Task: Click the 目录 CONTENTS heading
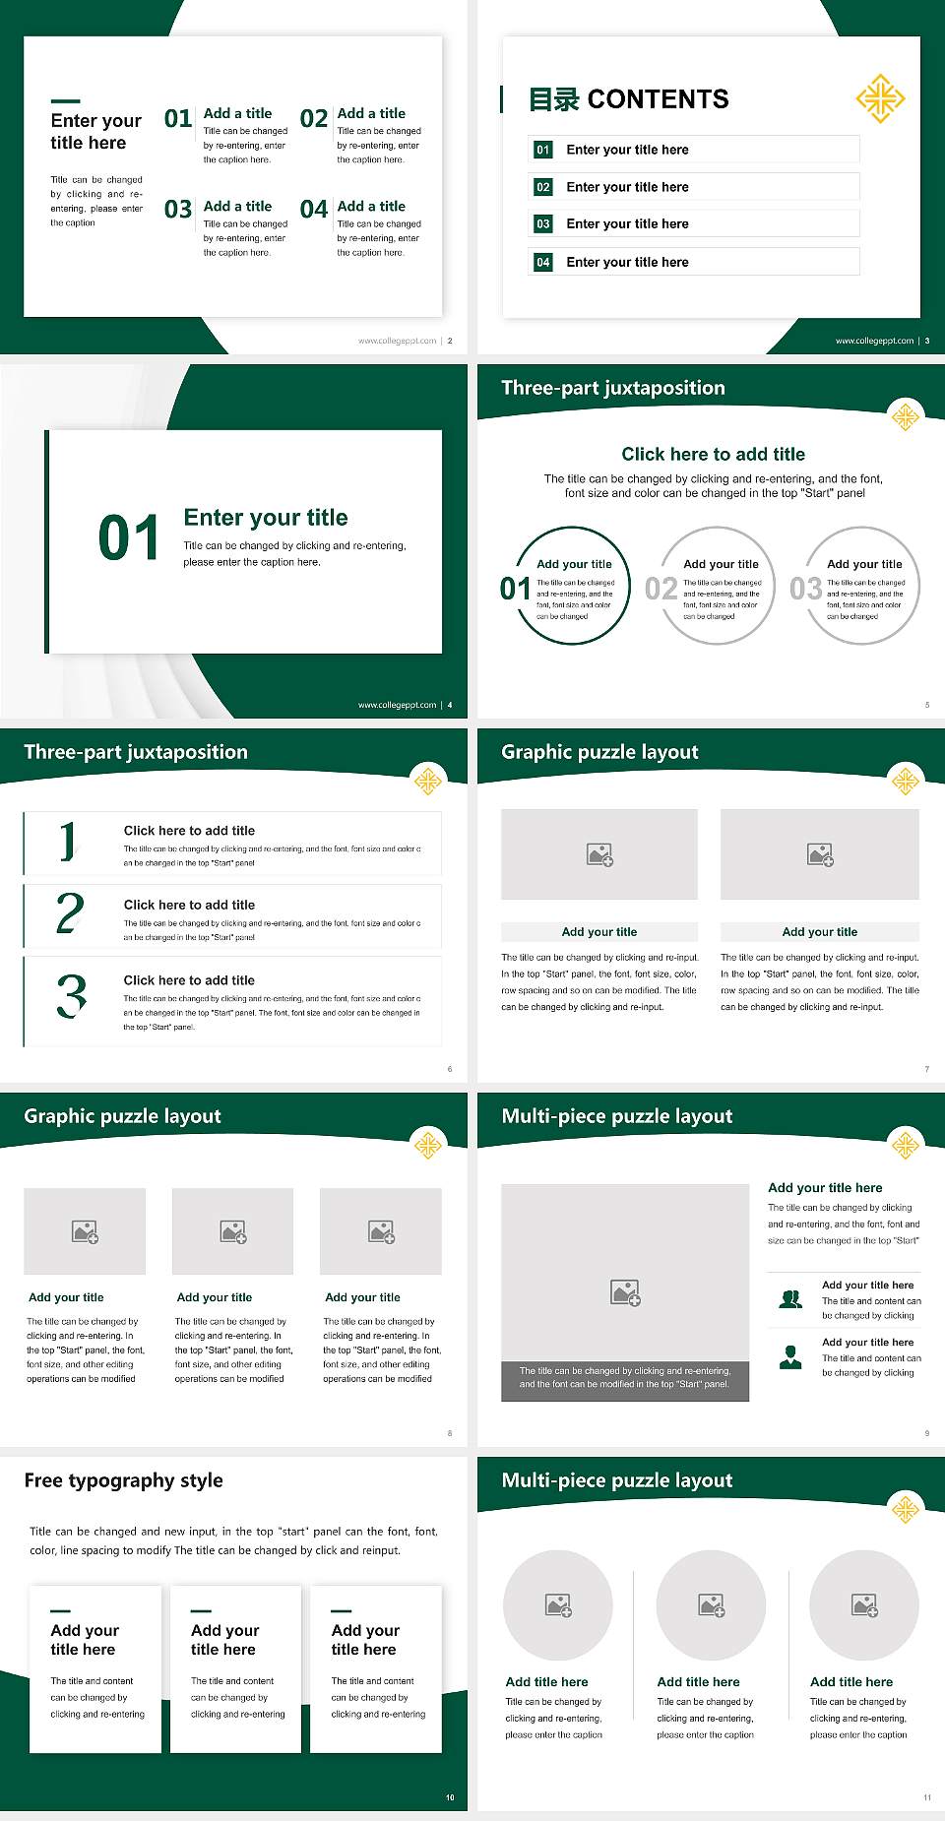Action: tap(629, 99)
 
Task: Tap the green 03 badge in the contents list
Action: tap(543, 224)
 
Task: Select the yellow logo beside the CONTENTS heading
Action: tap(880, 98)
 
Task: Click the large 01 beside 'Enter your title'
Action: tap(129, 538)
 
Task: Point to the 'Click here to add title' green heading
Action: tap(713, 454)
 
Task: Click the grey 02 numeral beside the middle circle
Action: tap(661, 589)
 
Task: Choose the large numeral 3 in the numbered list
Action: tap(71, 995)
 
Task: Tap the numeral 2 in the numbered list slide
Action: tap(70, 913)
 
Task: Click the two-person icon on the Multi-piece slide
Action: tap(790, 1299)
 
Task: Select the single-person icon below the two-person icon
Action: tap(790, 1357)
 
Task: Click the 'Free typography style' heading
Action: tap(124, 1480)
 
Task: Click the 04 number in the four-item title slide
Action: tap(314, 210)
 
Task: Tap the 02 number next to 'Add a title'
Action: tap(314, 119)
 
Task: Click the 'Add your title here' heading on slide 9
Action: tap(825, 1188)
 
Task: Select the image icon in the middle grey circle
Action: tap(712, 1605)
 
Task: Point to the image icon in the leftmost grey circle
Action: tap(558, 1605)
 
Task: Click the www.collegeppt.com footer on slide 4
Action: tap(397, 705)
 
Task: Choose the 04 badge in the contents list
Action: tap(543, 262)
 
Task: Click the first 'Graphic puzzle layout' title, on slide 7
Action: tap(599, 752)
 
